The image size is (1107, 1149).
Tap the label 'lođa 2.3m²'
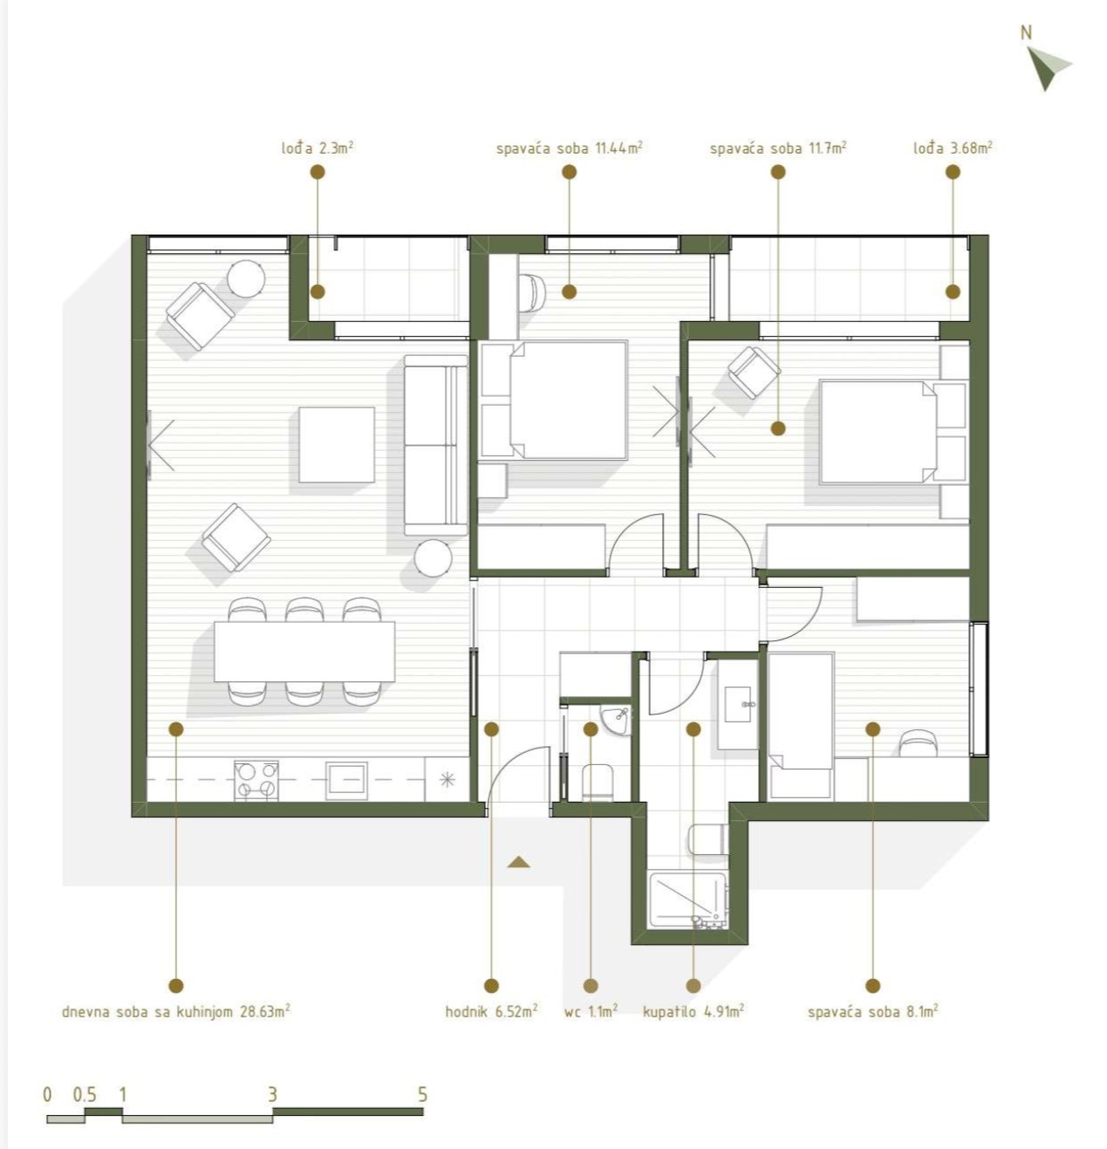click(x=318, y=147)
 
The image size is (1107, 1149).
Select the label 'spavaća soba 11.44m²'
click(x=569, y=147)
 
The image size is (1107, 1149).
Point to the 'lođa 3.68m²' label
click(x=953, y=147)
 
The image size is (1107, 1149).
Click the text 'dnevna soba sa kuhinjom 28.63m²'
click(x=176, y=1011)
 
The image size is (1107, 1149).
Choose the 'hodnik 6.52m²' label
click(x=491, y=1011)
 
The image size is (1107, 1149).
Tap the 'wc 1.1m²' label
click(x=591, y=1011)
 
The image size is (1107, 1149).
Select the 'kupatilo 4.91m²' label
click(x=694, y=1011)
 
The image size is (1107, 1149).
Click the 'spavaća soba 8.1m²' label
click(x=873, y=1011)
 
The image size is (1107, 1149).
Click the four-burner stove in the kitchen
click(x=256, y=780)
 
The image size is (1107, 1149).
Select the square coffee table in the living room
click(x=337, y=445)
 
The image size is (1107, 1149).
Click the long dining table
click(x=304, y=651)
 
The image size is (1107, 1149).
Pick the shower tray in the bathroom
click(x=687, y=899)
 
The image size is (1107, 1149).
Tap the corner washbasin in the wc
click(x=616, y=721)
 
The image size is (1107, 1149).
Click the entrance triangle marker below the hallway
click(x=518, y=862)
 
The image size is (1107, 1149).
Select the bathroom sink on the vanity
click(x=738, y=704)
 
